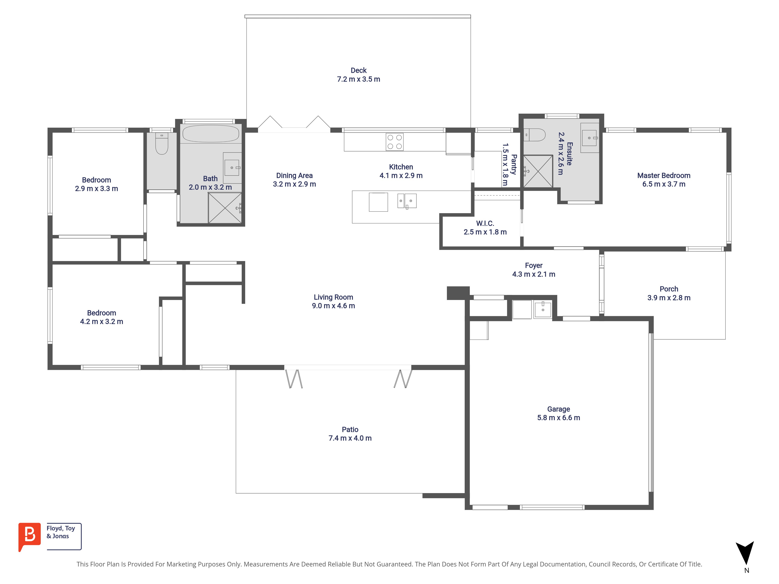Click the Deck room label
pyautogui.click(x=359, y=70)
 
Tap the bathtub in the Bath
pyautogui.click(x=211, y=134)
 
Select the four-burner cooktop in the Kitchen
pyautogui.click(x=394, y=142)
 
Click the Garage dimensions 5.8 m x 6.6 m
pyautogui.click(x=559, y=418)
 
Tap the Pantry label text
pyautogui.click(x=514, y=164)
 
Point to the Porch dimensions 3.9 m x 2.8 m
pyautogui.click(x=669, y=298)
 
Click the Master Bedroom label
pyautogui.click(x=664, y=175)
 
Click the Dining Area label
pyautogui.click(x=294, y=175)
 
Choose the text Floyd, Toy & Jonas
pyautogui.click(x=61, y=532)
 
